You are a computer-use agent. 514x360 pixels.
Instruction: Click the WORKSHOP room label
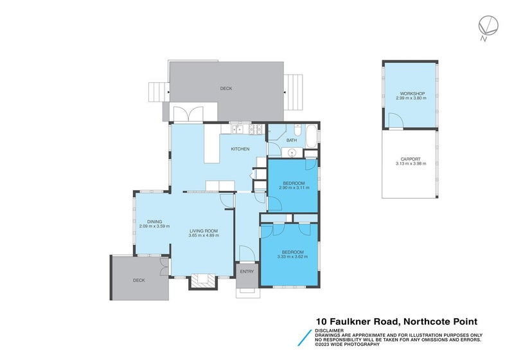411,94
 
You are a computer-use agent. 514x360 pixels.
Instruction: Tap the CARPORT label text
411,159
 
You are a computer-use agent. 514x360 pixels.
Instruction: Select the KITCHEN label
240,149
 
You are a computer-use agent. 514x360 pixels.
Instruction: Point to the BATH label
292,140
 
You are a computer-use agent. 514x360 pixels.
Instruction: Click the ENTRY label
247,271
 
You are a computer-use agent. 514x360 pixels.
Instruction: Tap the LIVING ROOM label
204,231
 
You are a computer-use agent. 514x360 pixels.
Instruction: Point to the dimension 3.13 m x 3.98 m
411,163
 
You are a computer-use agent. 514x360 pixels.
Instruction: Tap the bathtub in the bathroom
311,136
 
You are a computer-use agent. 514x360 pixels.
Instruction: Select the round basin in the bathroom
292,152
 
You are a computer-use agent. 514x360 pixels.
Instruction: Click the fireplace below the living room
204,281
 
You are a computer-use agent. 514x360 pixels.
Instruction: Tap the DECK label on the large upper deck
226,88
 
